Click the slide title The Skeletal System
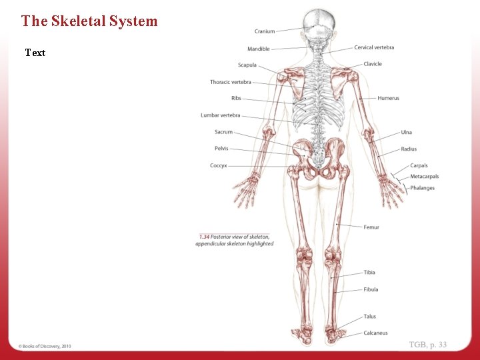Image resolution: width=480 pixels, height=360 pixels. (89, 21)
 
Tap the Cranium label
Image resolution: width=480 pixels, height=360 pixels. (265, 31)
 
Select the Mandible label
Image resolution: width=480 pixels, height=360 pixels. (259, 49)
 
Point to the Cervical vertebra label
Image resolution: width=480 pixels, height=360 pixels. (374, 47)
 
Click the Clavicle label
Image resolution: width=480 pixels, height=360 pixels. (373, 64)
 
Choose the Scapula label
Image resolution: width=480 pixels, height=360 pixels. (247, 65)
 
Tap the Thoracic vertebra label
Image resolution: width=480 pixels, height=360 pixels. (231, 82)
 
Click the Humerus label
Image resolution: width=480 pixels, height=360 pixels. (388, 98)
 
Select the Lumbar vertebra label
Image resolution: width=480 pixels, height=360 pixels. (221, 115)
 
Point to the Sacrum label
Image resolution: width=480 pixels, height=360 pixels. (223, 132)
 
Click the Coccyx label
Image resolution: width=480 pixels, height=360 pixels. (219, 165)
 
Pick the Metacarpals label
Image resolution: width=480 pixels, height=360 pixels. (424, 177)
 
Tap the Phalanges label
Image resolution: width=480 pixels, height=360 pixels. (422, 188)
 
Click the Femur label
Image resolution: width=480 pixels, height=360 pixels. (371, 227)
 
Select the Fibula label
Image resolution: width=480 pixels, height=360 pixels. (371, 289)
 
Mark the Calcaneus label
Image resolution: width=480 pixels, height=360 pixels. (375, 333)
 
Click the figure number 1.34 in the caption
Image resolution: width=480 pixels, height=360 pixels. (204, 237)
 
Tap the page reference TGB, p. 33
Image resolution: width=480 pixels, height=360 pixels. (428, 345)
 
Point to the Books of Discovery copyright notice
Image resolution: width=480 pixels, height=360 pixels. (45, 346)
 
